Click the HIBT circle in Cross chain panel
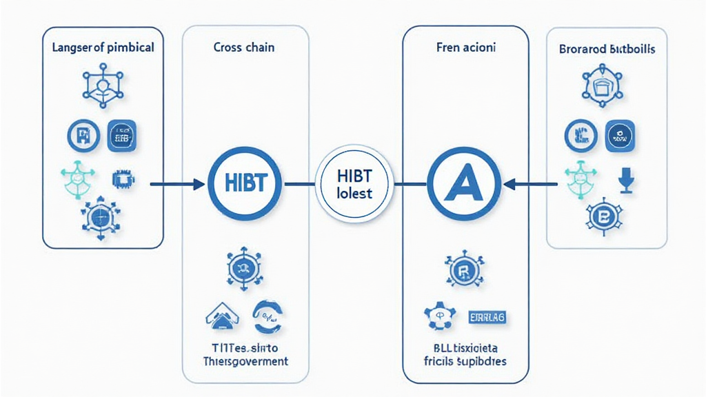tap(245, 184)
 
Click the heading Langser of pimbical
tap(103, 49)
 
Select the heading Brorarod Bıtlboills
tap(607, 50)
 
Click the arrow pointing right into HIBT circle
tap(178, 184)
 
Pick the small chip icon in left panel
tap(123, 181)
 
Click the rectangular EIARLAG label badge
tap(487, 316)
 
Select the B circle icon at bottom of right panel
tap(606, 218)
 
